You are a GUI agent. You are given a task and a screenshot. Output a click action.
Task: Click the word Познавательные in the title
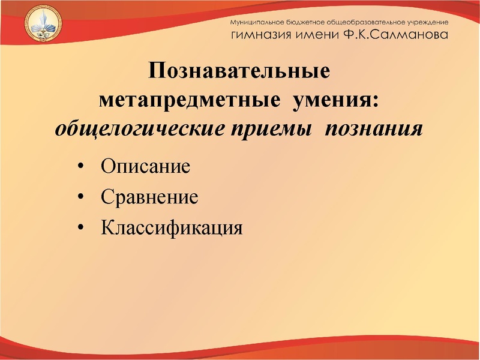pyautogui.click(x=240, y=73)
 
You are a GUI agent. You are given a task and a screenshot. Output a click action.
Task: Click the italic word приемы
pyautogui.click(x=275, y=128)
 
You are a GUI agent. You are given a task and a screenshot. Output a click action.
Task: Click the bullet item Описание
pyautogui.click(x=146, y=165)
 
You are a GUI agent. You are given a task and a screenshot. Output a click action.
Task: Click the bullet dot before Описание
pyautogui.click(x=80, y=166)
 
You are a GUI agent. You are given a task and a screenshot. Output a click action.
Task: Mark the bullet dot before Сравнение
pyautogui.click(x=80, y=197)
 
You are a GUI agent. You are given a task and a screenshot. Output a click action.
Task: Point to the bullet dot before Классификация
pyautogui.click(x=80, y=228)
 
